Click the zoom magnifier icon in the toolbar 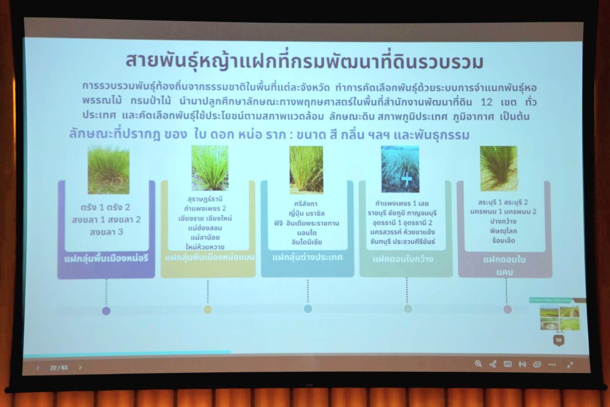pos(478,364)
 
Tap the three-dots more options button pos(552,365)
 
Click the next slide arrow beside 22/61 pos(80,367)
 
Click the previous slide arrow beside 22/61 pos(38,368)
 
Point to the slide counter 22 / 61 pos(59,367)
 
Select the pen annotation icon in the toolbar pos(493,364)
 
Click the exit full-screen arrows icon pos(570,365)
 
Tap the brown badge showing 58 pos(559,340)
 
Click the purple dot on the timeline pos(106,311)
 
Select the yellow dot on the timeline pos(208,310)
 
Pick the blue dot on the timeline pos(308,309)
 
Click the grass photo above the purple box pos(108,170)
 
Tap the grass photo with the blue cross pos(400,169)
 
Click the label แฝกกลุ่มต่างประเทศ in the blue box pos(307,257)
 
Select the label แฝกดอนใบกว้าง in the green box pos(403,259)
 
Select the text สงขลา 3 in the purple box pos(106,233)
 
